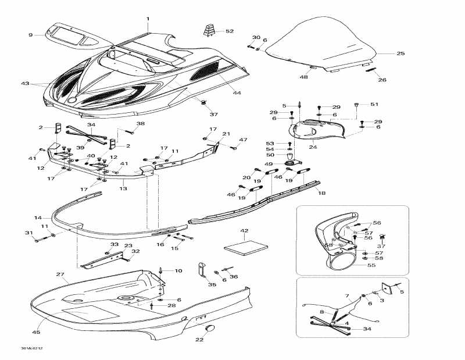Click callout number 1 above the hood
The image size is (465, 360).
[x=148, y=19]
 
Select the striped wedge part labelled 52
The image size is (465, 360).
[x=208, y=29]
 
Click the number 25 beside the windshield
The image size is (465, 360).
[x=400, y=54]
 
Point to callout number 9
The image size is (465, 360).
[x=31, y=35]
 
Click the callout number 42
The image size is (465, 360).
[x=244, y=231]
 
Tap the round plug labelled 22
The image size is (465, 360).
[x=210, y=329]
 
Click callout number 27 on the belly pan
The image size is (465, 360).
[x=60, y=274]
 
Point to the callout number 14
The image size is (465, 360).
[x=38, y=218]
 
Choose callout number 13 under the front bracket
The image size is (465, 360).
[x=123, y=188]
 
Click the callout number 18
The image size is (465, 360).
[x=323, y=192]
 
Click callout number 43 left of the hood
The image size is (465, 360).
[x=25, y=84]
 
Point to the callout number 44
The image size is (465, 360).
[x=237, y=93]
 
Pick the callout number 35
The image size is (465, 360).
[x=211, y=284]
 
